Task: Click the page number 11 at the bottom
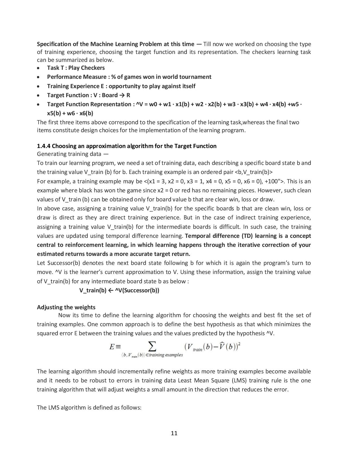(174, 433)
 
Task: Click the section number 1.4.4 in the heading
(43, 146)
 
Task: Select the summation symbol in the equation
(152, 346)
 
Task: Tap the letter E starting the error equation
(112, 347)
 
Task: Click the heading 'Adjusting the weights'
(66, 307)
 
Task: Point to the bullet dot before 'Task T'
(38, 68)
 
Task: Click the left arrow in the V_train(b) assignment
(111, 290)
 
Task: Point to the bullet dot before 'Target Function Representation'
(38, 105)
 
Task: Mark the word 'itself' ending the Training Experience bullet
(187, 86)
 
